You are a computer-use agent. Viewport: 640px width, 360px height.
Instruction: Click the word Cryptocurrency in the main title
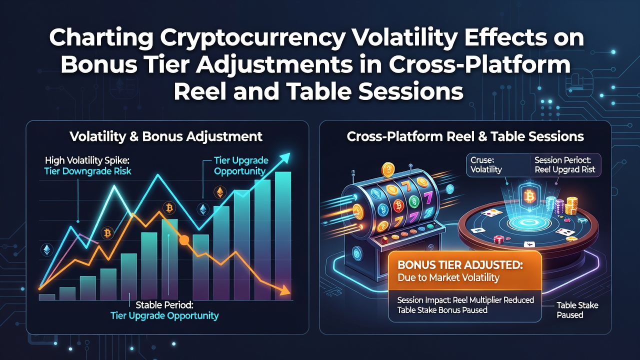pos(251,38)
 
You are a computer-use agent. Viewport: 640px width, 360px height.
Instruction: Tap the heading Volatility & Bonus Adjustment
pos(165,136)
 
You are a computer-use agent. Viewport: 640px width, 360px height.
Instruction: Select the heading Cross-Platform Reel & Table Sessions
pos(465,136)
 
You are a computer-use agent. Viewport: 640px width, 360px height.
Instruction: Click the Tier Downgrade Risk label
pos(87,171)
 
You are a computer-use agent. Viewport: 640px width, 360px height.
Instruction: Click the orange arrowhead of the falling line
pos(285,290)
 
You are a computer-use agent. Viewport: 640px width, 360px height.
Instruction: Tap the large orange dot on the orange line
pos(184,240)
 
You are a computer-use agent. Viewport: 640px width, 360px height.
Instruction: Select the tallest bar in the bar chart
pos(283,235)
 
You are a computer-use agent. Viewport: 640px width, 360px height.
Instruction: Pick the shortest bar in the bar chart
pos(46,297)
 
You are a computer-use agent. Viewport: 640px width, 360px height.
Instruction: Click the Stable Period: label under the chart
pos(164,305)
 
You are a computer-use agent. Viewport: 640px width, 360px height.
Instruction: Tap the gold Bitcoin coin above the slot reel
pos(388,169)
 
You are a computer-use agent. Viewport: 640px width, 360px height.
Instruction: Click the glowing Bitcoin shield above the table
pos(529,196)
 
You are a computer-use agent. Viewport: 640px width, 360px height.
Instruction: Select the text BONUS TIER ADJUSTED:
pos(460,265)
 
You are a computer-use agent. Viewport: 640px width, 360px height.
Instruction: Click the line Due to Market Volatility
pos(448,277)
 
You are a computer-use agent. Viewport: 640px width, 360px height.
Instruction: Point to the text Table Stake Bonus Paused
pos(442,310)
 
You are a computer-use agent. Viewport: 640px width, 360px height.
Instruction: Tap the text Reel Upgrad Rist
pos(565,169)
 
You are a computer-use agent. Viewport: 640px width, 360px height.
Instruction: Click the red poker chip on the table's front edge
pos(498,239)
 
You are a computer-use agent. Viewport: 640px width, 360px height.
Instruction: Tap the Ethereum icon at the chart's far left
pos(47,249)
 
